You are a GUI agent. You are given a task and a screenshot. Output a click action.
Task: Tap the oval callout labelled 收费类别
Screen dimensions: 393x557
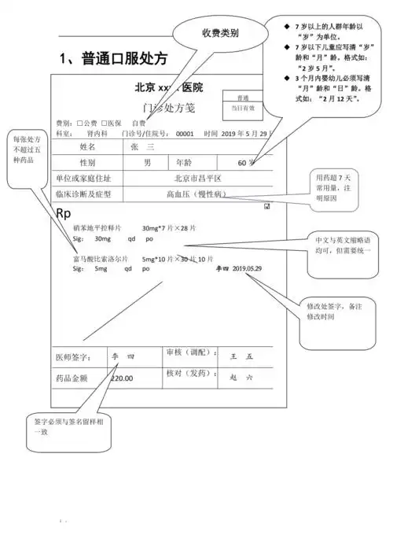(219, 34)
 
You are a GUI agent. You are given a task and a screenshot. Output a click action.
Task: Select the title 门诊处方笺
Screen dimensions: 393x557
(167, 107)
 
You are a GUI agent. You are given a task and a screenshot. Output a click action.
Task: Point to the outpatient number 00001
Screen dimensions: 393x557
(184, 134)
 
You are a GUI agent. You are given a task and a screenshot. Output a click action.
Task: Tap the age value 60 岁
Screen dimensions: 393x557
(246, 163)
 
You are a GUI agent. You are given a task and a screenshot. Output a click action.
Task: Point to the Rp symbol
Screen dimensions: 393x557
(64, 213)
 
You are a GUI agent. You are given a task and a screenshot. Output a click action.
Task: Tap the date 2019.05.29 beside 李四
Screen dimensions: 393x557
(248, 268)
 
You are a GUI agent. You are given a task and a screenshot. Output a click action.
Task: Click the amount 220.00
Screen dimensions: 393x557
(122, 378)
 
